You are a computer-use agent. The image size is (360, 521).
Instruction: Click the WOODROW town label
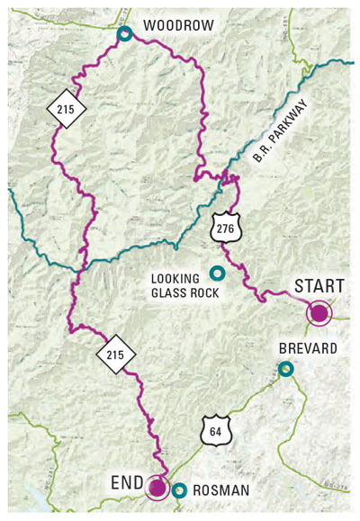(178, 25)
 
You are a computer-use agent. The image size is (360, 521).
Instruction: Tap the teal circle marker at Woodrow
(125, 34)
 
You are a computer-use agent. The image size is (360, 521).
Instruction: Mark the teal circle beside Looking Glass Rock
(216, 273)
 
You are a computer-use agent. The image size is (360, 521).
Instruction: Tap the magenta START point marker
(319, 313)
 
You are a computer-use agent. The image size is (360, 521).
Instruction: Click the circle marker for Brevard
(285, 368)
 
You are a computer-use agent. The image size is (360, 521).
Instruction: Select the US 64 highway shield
(215, 431)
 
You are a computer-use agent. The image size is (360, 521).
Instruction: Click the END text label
(129, 482)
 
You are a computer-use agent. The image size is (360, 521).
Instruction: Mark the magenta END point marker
(157, 488)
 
